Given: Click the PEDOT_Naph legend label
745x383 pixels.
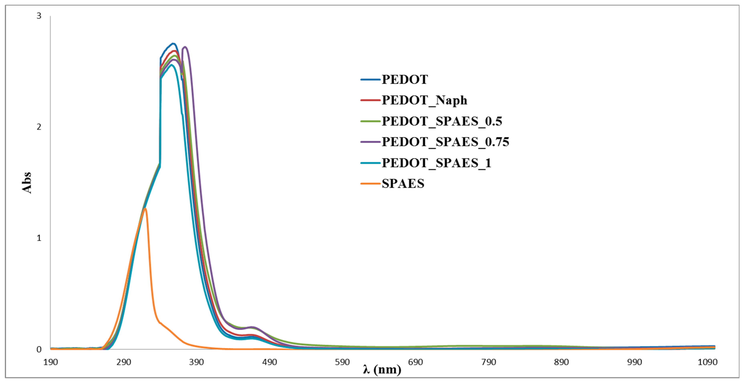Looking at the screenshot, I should click(x=424, y=100).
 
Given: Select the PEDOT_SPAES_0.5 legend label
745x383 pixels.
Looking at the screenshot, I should click(x=442, y=121).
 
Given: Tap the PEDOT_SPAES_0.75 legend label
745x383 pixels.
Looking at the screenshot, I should click(x=445, y=142).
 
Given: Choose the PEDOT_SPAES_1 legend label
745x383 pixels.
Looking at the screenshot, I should click(x=436, y=163).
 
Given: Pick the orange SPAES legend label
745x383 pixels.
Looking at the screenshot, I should click(x=403, y=184).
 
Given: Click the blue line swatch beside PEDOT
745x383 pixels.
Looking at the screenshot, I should click(x=370, y=79).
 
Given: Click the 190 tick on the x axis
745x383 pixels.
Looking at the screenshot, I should click(x=51, y=362).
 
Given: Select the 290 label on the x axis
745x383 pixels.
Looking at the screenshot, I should click(x=124, y=362).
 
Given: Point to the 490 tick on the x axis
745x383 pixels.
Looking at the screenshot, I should click(x=270, y=362).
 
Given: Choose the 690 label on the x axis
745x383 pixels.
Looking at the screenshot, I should click(x=415, y=362).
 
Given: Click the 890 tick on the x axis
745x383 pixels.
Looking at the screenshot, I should click(x=561, y=362).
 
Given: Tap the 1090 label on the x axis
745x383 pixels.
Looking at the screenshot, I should click(x=707, y=362).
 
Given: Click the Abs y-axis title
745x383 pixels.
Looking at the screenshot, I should click(x=27, y=182).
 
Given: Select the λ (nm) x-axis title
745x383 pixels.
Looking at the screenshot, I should click(x=382, y=369).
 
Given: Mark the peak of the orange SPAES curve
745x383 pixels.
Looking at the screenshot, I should click(x=145, y=209).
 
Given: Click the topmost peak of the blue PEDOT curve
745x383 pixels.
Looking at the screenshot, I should click(x=173, y=44).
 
